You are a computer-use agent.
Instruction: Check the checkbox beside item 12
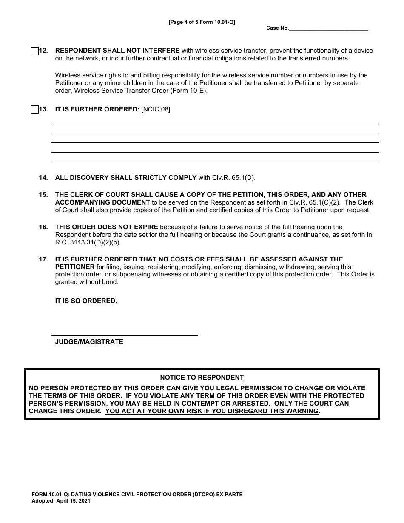point(35,51)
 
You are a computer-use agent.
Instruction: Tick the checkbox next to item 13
point(35,110)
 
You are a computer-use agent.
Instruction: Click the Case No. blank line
point(328,28)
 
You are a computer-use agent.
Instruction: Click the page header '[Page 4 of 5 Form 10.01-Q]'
point(202,22)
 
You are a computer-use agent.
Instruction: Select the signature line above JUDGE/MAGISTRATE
point(124,335)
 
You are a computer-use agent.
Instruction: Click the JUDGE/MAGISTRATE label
point(89,342)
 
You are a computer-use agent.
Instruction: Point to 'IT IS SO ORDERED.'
point(86,301)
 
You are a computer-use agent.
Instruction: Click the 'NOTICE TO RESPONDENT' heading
point(202,378)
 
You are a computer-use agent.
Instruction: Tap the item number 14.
point(43,178)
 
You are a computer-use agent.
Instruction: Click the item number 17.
point(43,259)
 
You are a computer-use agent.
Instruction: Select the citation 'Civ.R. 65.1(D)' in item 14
point(234,178)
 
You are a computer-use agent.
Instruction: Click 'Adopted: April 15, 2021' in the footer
point(61,501)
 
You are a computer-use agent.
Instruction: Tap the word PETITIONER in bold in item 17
point(75,267)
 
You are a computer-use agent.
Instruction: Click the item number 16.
point(43,227)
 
